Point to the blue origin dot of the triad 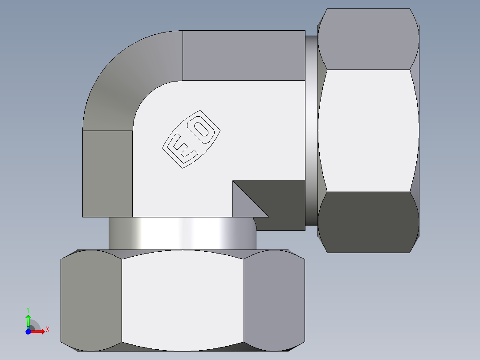(28, 331)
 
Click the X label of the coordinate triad (47, 329)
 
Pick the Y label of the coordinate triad (28, 309)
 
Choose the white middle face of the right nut (369, 131)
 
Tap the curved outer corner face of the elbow (129, 80)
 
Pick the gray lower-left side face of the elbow (107, 174)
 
